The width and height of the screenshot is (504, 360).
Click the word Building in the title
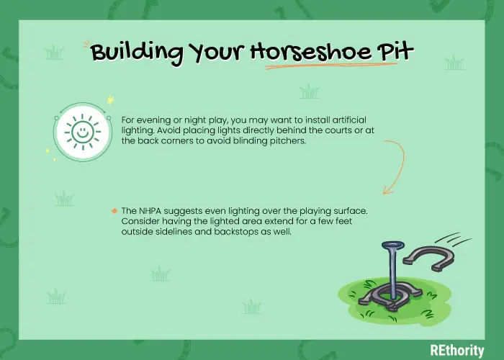coord(137,53)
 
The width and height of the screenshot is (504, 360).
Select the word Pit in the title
coord(395,50)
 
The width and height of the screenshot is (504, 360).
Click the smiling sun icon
coord(83,132)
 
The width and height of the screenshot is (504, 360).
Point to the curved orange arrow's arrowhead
coord(387,190)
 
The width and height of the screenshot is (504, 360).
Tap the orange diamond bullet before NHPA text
coord(114,211)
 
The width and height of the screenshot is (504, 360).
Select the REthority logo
coord(456,351)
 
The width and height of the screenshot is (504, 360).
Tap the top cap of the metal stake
coord(392,246)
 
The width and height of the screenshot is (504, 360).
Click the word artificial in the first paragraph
coord(349,120)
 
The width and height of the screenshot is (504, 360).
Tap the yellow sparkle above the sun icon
coord(111,100)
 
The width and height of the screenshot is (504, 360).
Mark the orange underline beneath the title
coord(331,66)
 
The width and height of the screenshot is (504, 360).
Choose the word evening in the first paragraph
coord(153,120)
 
